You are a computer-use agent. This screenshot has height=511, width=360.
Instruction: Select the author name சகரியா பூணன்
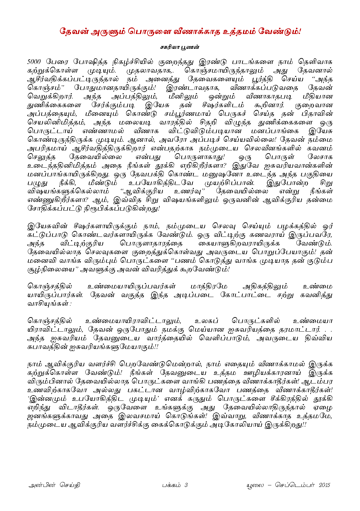[x=180, y=47]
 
